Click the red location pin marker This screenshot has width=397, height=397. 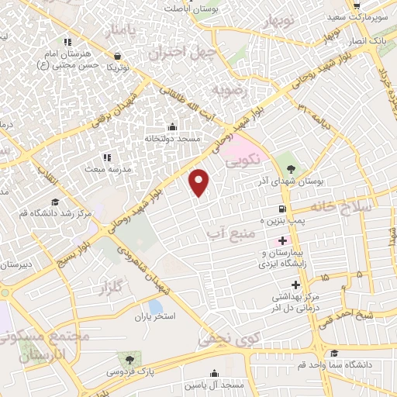[200, 181]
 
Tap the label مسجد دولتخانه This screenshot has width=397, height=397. [172, 138]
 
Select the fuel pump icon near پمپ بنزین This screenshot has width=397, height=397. [281, 209]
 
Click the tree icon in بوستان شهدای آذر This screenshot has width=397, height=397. [292, 168]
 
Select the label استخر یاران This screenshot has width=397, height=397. [157, 317]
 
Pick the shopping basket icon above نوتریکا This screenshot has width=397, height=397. [117, 57]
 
